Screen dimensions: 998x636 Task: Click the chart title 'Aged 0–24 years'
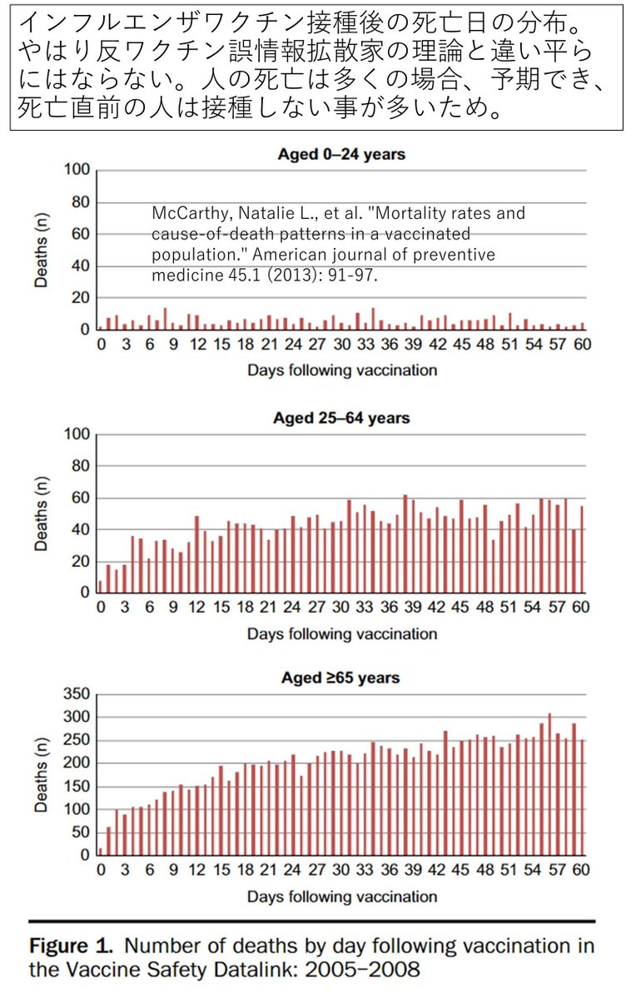click(x=341, y=154)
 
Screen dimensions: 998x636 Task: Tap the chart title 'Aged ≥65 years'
click(x=341, y=678)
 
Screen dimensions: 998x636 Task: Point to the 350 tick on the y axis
click(x=76, y=694)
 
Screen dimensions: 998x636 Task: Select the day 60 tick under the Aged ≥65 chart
click(x=580, y=871)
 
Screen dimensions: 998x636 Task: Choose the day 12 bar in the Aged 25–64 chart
click(x=196, y=554)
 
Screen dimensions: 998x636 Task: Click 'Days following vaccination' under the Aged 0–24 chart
click(x=341, y=370)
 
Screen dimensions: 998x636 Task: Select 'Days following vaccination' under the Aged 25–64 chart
click(x=341, y=633)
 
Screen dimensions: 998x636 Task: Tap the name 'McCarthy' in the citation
click(x=179, y=214)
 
